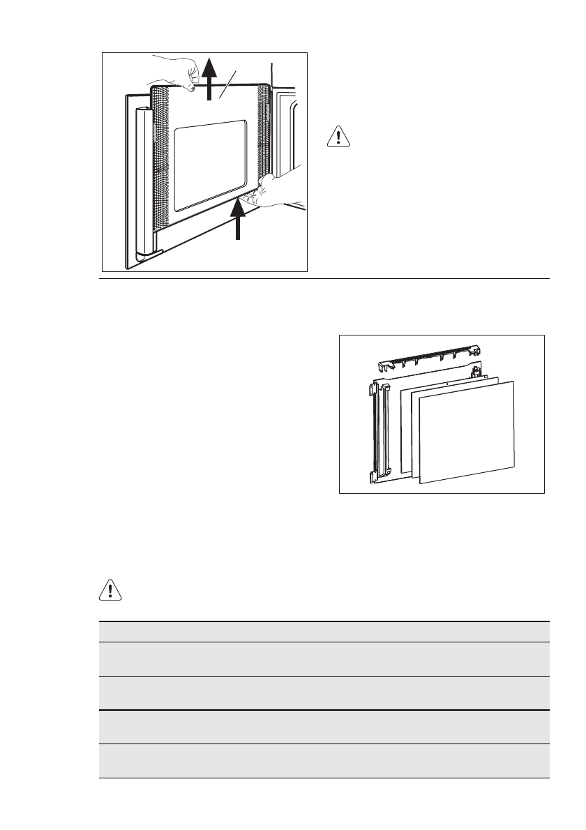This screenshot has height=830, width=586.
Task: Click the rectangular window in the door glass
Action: [x=209, y=165]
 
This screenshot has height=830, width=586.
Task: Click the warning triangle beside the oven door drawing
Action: [x=338, y=137]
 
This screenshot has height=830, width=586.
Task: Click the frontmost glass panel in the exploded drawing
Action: [x=467, y=432]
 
